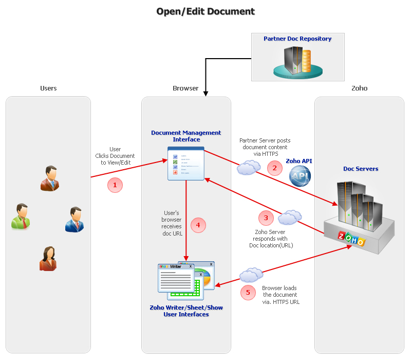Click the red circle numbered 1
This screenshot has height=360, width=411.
point(115,185)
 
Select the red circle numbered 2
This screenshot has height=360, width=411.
point(274,168)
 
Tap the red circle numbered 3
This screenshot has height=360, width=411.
point(266,218)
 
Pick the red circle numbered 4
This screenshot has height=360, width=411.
point(198,225)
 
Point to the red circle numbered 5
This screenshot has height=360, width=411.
point(248,293)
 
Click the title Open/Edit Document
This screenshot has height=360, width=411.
point(206,11)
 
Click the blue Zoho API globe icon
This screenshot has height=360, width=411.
point(301,177)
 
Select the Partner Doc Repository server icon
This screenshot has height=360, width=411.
point(297,61)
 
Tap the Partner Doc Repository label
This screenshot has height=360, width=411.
point(297,39)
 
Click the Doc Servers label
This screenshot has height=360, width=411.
point(361,169)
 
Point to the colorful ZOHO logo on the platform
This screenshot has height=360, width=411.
point(351,239)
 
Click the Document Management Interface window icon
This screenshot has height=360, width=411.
point(186,164)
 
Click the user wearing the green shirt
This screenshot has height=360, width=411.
point(21,216)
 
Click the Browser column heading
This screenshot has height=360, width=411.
point(185,88)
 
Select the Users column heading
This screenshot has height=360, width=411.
point(48,88)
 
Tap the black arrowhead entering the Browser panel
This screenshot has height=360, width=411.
point(206,94)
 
